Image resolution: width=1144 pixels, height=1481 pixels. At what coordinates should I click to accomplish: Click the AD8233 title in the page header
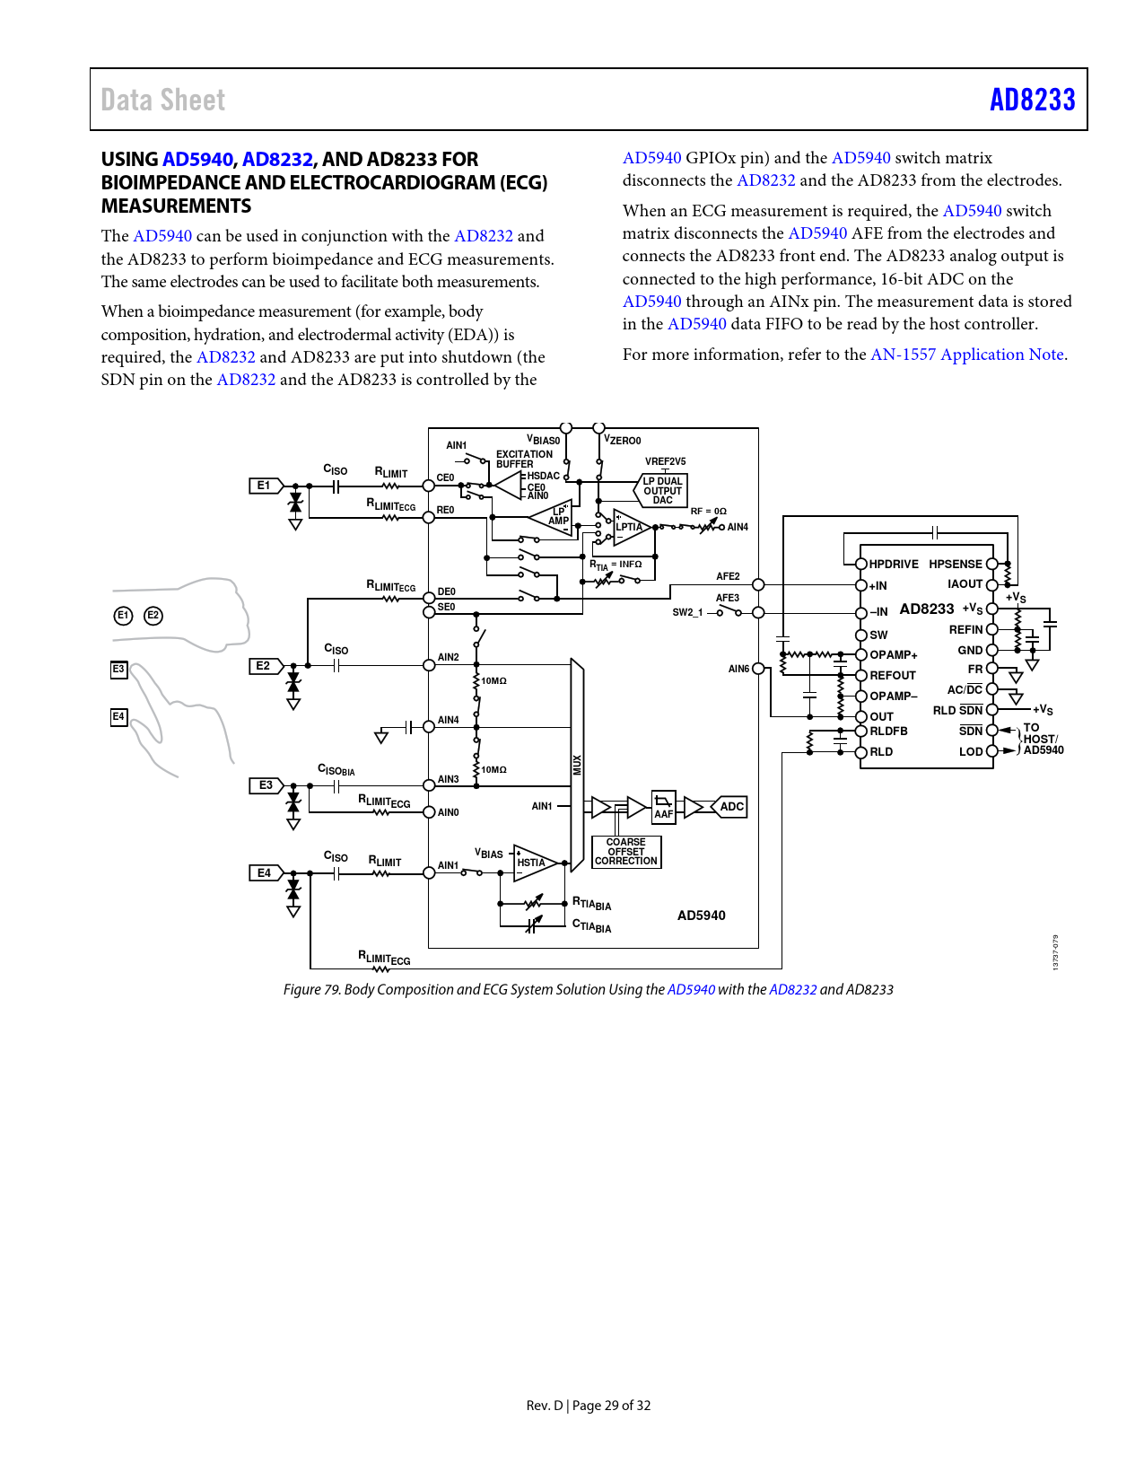tap(1032, 100)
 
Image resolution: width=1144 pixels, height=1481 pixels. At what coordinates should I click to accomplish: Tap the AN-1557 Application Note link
tap(966, 355)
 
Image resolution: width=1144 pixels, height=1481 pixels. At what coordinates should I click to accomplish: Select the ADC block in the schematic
tap(731, 807)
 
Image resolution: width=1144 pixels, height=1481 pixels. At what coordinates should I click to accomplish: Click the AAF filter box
tap(663, 806)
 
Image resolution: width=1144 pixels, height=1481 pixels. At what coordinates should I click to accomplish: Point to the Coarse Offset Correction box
tap(626, 852)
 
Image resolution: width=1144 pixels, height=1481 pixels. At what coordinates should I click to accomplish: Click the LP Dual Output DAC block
tap(663, 491)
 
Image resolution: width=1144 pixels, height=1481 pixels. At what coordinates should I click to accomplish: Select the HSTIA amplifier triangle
tap(535, 863)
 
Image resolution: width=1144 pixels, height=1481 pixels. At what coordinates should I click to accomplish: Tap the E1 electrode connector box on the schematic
tap(264, 486)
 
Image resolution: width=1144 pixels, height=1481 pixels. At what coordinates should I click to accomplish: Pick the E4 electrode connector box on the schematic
tap(264, 872)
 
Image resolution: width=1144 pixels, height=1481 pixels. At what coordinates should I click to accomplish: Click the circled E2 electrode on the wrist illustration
tap(153, 616)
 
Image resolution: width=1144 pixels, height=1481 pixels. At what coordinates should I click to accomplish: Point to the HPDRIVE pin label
tap(894, 565)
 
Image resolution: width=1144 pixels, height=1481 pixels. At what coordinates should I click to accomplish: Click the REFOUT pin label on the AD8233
tap(893, 676)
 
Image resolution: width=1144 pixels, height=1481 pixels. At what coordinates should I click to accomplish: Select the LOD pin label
tap(971, 752)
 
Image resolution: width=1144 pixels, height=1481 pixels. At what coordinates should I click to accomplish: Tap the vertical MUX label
tap(577, 765)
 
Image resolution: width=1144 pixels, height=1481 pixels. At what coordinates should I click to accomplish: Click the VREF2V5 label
tap(665, 461)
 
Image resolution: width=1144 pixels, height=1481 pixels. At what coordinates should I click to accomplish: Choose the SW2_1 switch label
tap(688, 612)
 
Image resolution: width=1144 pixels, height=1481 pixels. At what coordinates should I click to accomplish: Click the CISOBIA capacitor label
tap(336, 770)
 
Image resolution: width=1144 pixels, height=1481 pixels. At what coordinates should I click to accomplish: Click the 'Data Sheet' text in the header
tap(163, 100)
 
